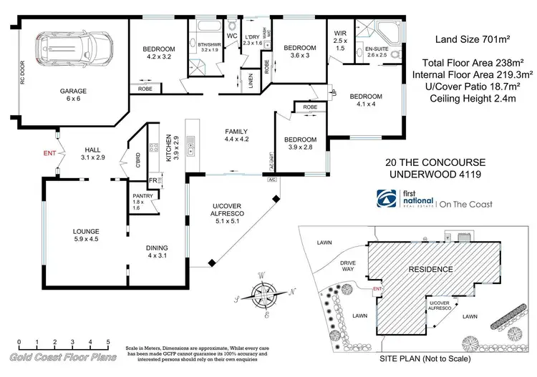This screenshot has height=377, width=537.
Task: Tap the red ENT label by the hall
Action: coord(49,153)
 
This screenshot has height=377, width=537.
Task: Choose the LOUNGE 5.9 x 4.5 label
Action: coord(85,235)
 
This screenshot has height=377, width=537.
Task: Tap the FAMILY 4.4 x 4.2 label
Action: coord(236,136)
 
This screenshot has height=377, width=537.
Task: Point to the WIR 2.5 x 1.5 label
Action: coord(341,43)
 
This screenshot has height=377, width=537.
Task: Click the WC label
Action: coord(231,35)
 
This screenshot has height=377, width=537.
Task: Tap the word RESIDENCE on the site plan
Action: coord(430,270)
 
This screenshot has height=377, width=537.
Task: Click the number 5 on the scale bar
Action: coord(107,342)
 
